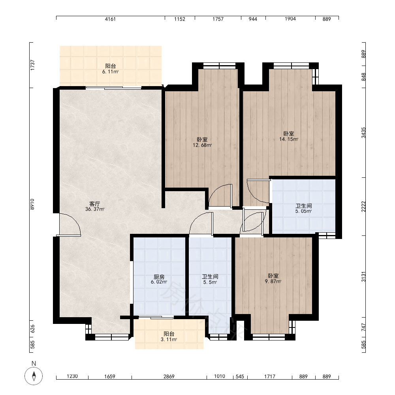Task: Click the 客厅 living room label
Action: [x=95, y=203]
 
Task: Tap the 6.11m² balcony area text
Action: [x=110, y=72]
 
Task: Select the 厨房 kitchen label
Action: [x=159, y=277]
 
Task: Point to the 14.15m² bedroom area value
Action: [x=289, y=139]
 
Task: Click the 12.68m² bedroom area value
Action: [x=202, y=145]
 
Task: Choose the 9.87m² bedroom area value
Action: [x=273, y=282]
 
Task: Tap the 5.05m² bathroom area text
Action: [x=303, y=211]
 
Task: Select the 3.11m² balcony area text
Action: [x=169, y=340]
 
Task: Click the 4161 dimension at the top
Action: [x=110, y=19]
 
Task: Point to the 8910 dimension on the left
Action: [x=32, y=204]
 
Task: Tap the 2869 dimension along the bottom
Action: [x=169, y=376]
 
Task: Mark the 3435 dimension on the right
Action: [x=363, y=133]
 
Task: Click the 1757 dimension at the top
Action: [x=218, y=19]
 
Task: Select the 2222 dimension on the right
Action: [x=363, y=207]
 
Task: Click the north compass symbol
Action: [x=34, y=376]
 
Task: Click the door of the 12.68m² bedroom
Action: [x=219, y=196]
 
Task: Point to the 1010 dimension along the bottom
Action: [x=219, y=376]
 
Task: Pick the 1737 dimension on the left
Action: [x=32, y=65]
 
